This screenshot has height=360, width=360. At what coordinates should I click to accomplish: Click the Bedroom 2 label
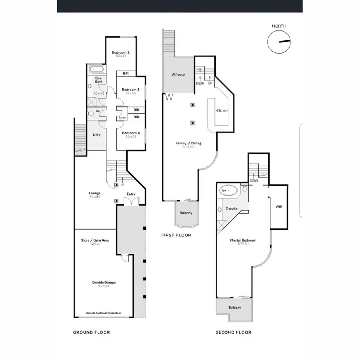point(120,52)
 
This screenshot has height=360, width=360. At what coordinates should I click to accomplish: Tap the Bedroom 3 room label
point(130,90)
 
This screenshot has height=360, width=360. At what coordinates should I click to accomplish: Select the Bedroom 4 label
point(130,133)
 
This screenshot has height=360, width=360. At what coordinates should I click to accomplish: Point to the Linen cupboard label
point(122,118)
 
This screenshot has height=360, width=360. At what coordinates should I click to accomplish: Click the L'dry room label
point(96,135)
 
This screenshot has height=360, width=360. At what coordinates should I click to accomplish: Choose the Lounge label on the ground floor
point(95,194)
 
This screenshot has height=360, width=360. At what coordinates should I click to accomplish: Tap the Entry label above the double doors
point(131,194)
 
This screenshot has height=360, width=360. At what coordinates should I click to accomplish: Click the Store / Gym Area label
point(95,240)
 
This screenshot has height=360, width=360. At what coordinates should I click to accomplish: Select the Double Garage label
point(104,282)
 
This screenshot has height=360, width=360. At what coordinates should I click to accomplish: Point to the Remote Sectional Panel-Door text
point(104,313)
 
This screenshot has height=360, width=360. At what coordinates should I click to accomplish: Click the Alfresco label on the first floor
point(178,75)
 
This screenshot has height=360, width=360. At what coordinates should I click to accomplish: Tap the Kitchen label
point(221,110)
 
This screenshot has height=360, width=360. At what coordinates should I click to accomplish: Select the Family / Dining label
point(188,143)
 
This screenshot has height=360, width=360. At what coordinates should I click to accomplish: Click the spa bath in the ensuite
point(229,191)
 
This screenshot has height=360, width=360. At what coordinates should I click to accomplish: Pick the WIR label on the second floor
point(279,207)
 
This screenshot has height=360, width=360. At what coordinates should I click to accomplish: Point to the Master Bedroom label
point(243,240)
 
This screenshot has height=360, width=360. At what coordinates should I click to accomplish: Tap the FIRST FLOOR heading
point(176,235)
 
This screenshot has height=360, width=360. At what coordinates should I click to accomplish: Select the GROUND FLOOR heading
point(91,332)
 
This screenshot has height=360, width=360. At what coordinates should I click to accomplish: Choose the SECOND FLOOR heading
point(234,332)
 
